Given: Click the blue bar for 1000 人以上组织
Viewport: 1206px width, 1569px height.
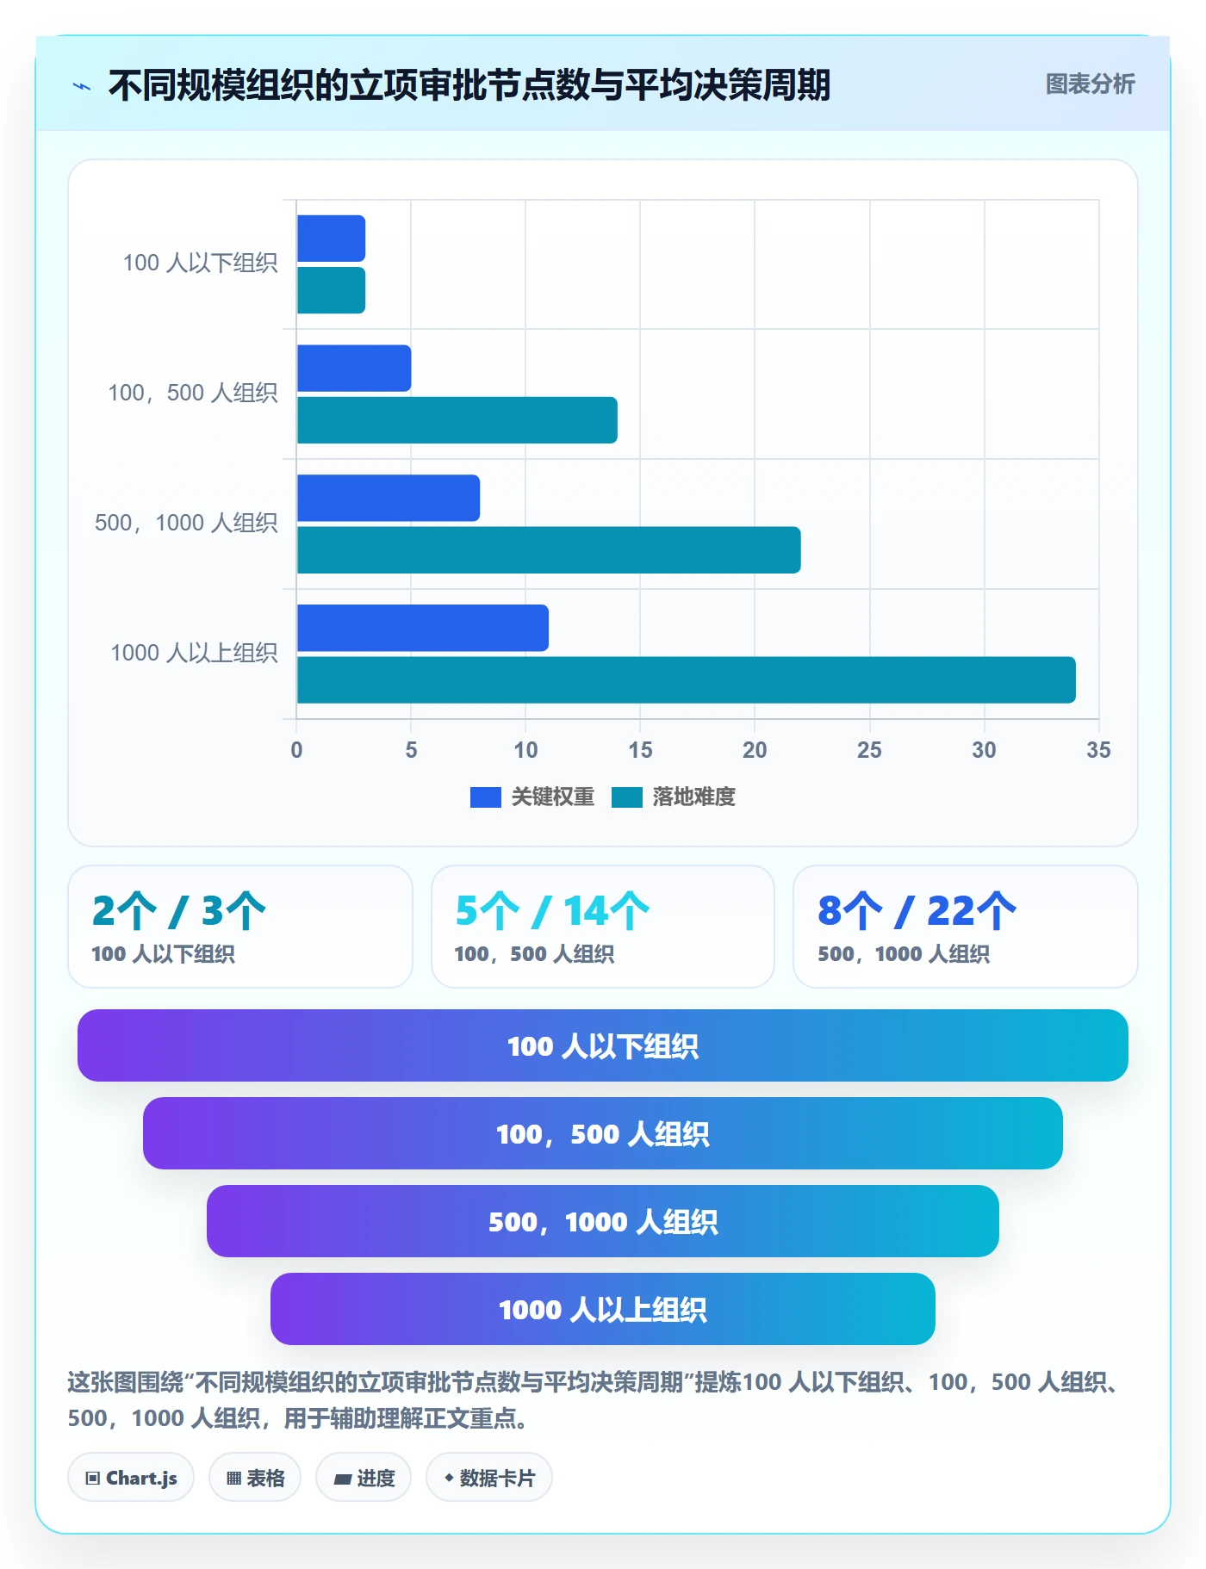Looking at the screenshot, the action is (422, 628).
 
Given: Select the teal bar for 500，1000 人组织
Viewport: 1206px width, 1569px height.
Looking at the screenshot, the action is (549, 550).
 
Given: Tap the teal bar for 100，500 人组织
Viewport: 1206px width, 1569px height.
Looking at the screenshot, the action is (457, 420).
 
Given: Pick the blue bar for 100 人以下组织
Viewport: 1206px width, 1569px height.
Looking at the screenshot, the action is (331, 239).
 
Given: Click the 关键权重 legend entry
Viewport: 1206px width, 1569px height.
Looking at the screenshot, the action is (532, 797).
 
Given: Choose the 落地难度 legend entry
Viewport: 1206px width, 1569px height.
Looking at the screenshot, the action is (674, 797).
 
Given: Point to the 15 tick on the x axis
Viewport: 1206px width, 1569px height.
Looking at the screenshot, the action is (640, 750).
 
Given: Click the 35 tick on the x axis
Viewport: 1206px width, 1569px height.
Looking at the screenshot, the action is (1098, 750).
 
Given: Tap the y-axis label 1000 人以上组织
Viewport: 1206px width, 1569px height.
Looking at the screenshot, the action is (194, 653).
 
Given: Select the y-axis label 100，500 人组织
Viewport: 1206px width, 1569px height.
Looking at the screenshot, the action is (193, 393).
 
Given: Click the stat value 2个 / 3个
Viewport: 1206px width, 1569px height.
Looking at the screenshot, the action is (179, 911).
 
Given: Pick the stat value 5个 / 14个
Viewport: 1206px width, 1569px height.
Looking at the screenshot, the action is (552, 911).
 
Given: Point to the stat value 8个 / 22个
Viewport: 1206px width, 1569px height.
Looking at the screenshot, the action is (917, 911).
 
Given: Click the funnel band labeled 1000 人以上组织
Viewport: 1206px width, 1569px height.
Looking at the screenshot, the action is (603, 1309).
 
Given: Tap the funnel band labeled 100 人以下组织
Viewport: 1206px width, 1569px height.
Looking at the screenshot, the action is (603, 1045).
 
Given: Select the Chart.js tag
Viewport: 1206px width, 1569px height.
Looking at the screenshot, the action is (131, 1478).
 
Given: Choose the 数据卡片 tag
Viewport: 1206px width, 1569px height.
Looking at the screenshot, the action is (489, 1478).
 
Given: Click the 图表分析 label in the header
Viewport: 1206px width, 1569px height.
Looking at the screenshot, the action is (1090, 84).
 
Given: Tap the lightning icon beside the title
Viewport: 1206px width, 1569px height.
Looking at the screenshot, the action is (82, 86).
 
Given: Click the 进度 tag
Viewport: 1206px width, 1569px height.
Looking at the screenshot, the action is (364, 1478).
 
